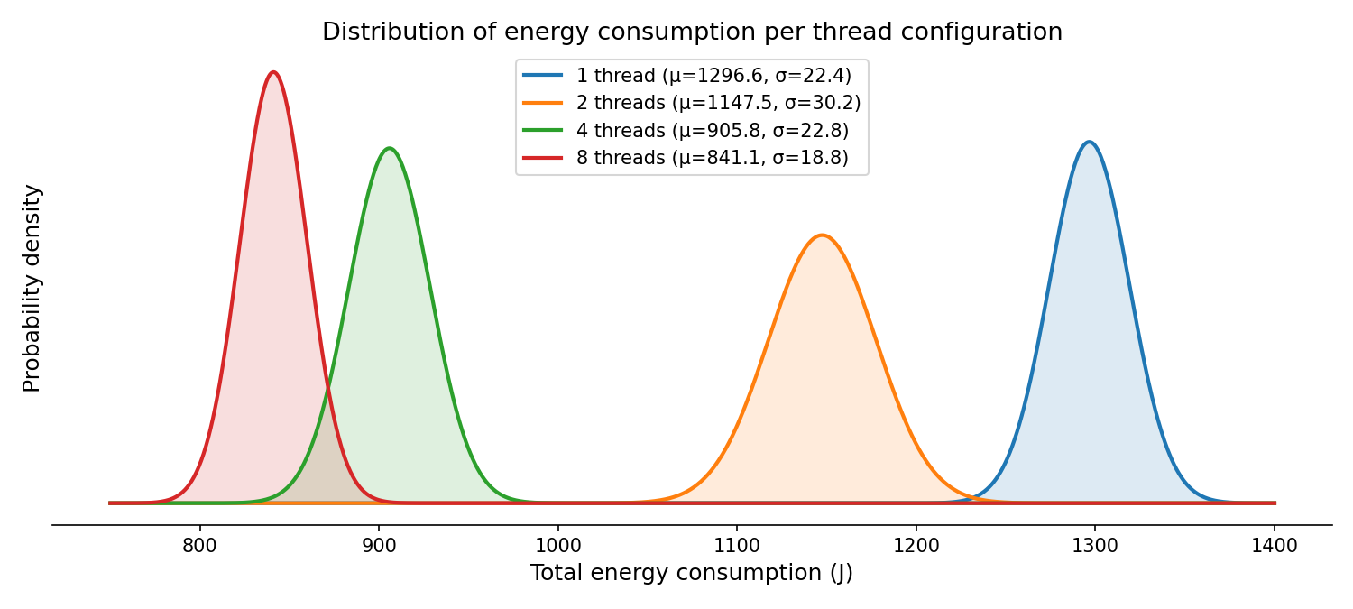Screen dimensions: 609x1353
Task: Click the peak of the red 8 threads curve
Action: click(x=273, y=73)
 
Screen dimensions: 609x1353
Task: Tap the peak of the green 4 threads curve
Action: click(x=389, y=149)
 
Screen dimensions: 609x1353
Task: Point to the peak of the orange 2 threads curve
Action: click(x=822, y=235)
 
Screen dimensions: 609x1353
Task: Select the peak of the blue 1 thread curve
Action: click(x=1090, y=142)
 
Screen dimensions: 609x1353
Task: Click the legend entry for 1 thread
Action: click(x=713, y=76)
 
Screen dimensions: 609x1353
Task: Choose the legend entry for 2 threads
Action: click(x=718, y=103)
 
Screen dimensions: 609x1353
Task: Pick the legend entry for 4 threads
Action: click(x=712, y=130)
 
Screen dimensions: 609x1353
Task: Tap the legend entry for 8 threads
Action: click(x=712, y=157)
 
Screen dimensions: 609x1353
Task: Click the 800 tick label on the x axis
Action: click(x=199, y=545)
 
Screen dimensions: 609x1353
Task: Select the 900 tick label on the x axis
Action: click(x=379, y=545)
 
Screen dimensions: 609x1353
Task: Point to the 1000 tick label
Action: click(x=557, y=545)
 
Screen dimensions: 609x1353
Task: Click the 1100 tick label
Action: click(x=737, y=545)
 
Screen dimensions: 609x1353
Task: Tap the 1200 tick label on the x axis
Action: click(x=916, y=545)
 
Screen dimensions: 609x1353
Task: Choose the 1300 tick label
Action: click(x=1095, y=545)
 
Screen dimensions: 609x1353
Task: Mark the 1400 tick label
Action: click(x=1275, y=545)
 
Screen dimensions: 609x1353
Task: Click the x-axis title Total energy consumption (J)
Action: click(x=692, y=573)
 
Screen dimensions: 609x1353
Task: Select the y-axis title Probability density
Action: click(x=32, y=288)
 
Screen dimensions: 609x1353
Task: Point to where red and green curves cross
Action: click(x=327, y=388)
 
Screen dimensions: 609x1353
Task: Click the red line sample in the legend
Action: click(x=542, y=157)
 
